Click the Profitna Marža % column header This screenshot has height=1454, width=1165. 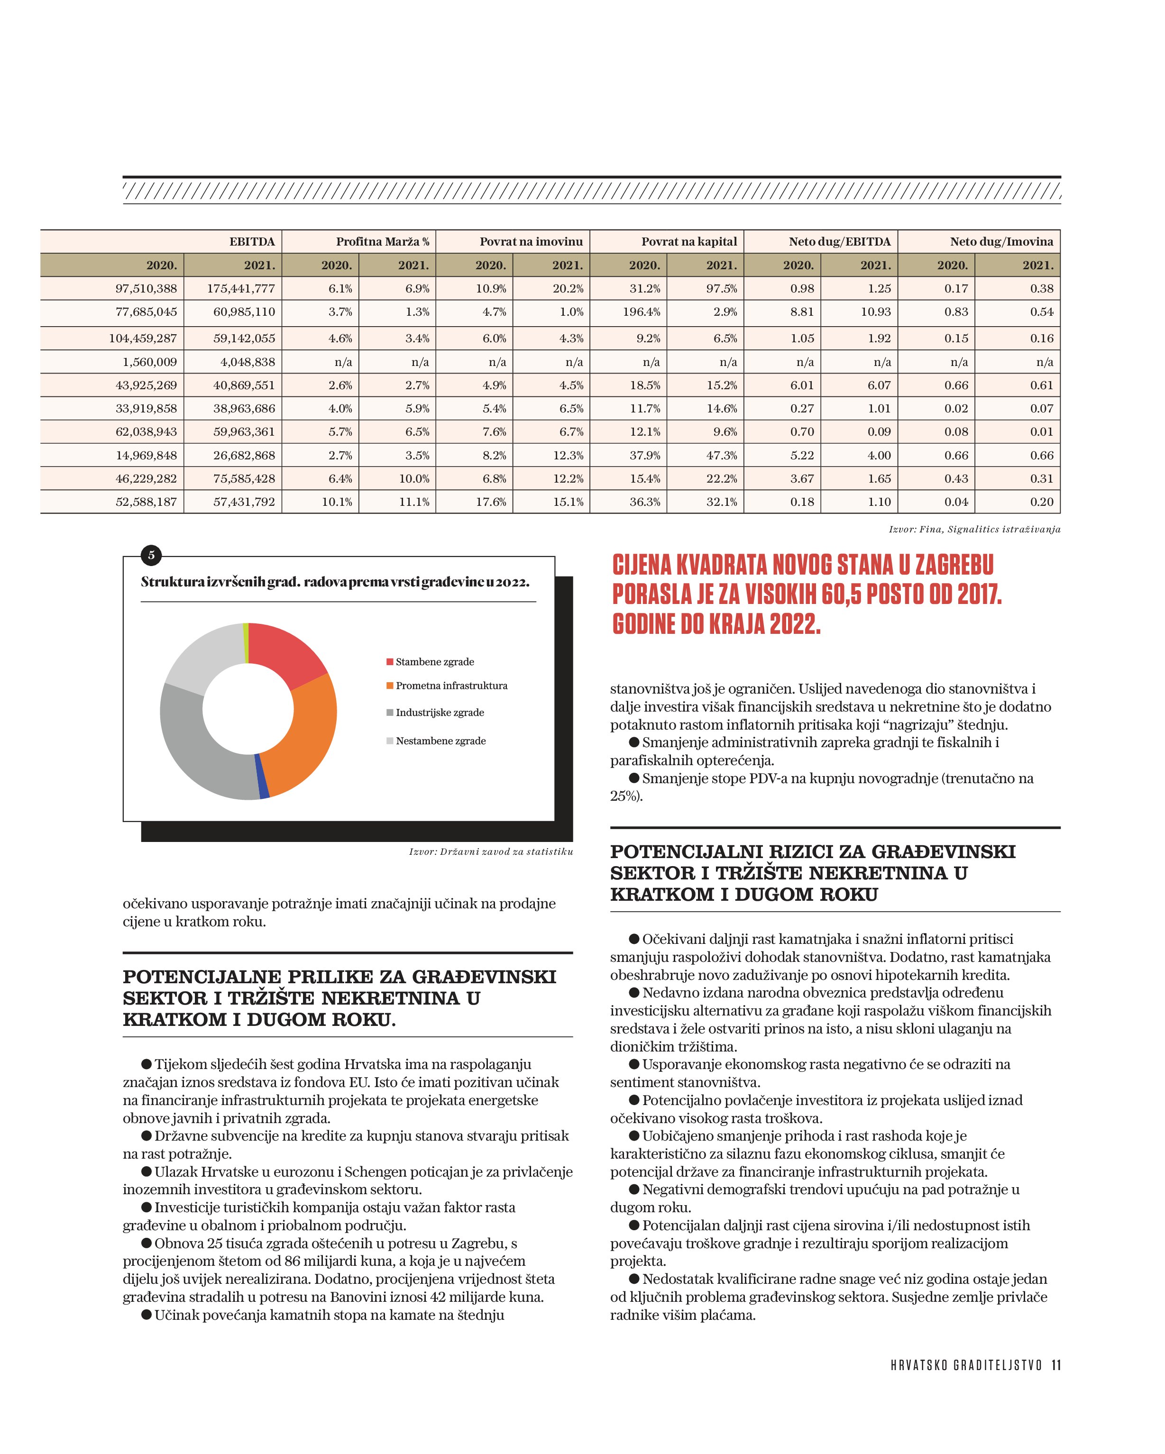(383, 241)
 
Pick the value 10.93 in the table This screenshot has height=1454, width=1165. (876, 311)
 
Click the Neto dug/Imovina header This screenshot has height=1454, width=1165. (1001, 241)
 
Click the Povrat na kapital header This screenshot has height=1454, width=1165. (689, 241)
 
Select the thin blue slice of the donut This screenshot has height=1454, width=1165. (262, 776)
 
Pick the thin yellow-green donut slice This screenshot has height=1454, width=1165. (246, 643)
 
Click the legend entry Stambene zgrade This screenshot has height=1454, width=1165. (434, 662)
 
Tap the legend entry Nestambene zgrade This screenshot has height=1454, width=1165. (440, 741)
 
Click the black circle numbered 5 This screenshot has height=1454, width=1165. (151, 555)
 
